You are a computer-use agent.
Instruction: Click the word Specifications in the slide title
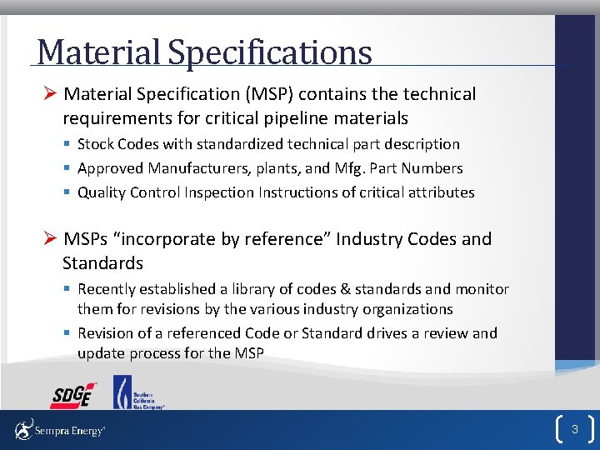[269, 52]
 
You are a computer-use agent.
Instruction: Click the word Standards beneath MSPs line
[102, 263]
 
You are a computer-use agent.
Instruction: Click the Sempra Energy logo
[60, 431]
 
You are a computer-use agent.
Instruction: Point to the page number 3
[574, 430]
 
